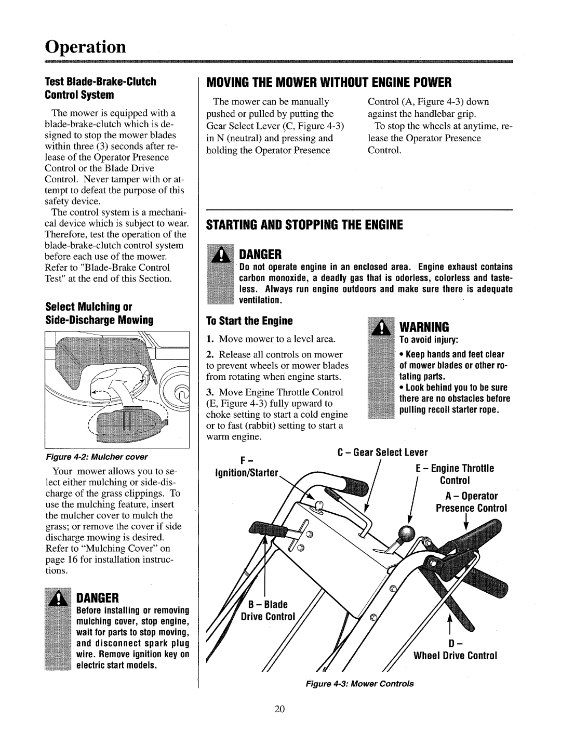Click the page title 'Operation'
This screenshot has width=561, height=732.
pos(85,46)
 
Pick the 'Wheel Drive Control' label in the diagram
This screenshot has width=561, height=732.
pos(456,656)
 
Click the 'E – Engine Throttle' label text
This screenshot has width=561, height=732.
pos(455,468)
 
